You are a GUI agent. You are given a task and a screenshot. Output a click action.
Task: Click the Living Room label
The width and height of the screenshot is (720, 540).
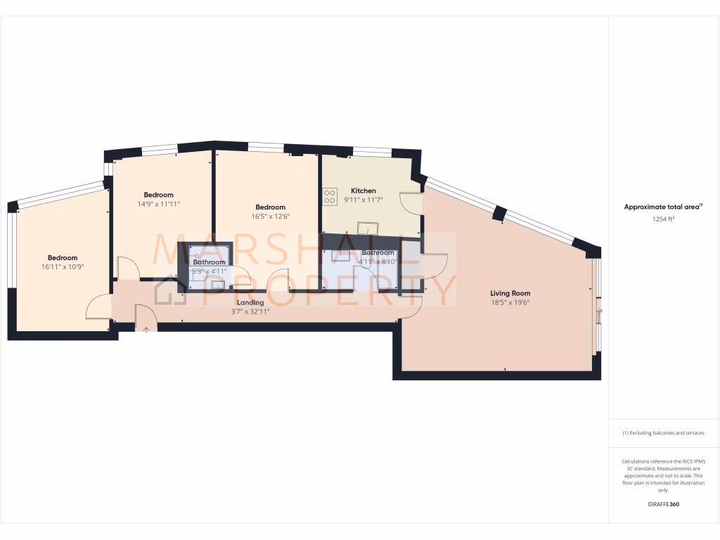pyautogui.click(x=510, y=293)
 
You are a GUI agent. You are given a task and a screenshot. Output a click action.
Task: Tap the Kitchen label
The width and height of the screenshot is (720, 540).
pyautogui.click(x=364, y=191)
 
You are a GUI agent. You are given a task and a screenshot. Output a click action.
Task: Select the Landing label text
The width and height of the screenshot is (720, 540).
pyautogui.click(x=250, y=302)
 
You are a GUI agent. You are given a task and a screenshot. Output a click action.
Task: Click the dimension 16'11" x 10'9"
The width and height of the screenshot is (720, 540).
pyautogui.click(x=63, y=267)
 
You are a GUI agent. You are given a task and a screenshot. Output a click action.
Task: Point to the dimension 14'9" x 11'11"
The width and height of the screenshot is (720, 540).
pyautogui.click(x=158, y=205)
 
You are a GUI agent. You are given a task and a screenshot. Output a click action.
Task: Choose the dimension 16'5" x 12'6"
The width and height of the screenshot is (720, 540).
pyautogui.click(x=270, y=217)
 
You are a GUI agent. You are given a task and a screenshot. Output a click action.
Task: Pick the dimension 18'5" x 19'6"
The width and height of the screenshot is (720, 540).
pyautogui.click(x=510, y=302)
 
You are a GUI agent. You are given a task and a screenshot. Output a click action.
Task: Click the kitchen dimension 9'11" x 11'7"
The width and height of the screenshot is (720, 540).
pyautogui.click(x=364, y=200)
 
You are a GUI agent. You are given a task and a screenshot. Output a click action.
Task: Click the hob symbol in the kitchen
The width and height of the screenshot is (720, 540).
pyautogui.click(x=329, y=196)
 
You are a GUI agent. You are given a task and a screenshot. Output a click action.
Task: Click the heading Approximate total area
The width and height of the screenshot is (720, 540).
pyautogui.click(x=662, y=207)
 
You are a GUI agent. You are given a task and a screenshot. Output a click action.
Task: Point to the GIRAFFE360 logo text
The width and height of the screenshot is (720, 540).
pyautogui.click(x=663, y=504)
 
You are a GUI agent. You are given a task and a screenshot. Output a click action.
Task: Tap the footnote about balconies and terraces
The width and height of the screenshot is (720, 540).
pyautogui.click(x=663, y=433)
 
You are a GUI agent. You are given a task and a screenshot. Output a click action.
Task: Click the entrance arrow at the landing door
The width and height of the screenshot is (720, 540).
pyautogui.click(x=146, y=328)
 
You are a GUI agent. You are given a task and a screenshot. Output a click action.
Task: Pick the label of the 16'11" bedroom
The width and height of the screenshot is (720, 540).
pyautogui.click(x=63, y=257)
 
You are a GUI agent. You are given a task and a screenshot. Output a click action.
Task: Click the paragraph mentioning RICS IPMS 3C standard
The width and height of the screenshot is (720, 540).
pyautogui.click(x=663, y=475)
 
